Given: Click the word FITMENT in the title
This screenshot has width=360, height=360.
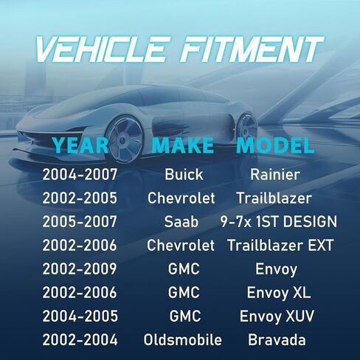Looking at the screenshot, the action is [x=252, y=49].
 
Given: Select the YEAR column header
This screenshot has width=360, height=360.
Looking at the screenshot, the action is [x=80, y=145].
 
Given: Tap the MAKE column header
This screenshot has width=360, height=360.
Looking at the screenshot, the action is [x=182, y=145].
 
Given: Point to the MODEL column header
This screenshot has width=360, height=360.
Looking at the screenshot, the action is [x=275, y=145].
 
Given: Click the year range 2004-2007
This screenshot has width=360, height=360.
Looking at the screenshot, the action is [x=80, y=175].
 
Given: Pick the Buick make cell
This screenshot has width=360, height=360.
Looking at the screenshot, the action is [x=184, y=175].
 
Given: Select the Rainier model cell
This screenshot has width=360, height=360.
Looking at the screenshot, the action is [x=275, y=175].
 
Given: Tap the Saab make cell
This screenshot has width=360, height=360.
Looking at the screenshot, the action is [x=181, y=221].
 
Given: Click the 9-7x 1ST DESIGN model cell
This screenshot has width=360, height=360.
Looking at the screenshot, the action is [x=278, y=221].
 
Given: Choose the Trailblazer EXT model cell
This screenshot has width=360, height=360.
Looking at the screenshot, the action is [x=280, y=245].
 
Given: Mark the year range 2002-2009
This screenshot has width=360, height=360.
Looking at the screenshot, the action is [x=80, y=269].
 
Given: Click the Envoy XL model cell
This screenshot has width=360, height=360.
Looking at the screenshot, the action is [x=279, y=293].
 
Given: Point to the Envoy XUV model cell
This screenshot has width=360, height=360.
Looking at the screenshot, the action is [x=277, y=316].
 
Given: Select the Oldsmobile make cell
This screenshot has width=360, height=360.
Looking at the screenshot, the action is [x=183, y=340].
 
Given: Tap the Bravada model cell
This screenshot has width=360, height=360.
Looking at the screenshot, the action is [x=277, y=340].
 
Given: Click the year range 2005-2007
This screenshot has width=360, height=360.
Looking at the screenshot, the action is [x=80, y=221].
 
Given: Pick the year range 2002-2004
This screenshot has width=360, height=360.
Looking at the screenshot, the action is [x=80, y=340].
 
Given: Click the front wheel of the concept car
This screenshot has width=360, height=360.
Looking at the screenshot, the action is [x=125, y=139].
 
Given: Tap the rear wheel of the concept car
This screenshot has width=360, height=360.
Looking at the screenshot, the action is [x=246, y=131].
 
